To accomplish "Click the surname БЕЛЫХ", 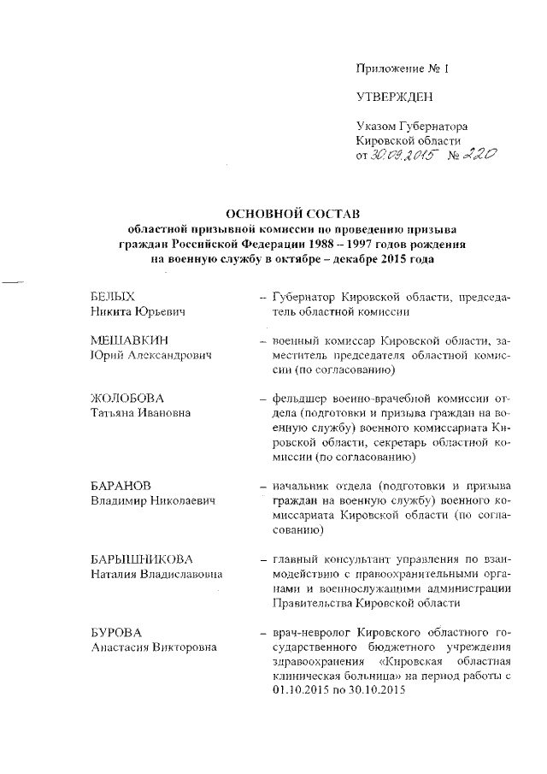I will point(113,296).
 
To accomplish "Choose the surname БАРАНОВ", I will point(121,484).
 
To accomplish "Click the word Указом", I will point(377,125).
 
